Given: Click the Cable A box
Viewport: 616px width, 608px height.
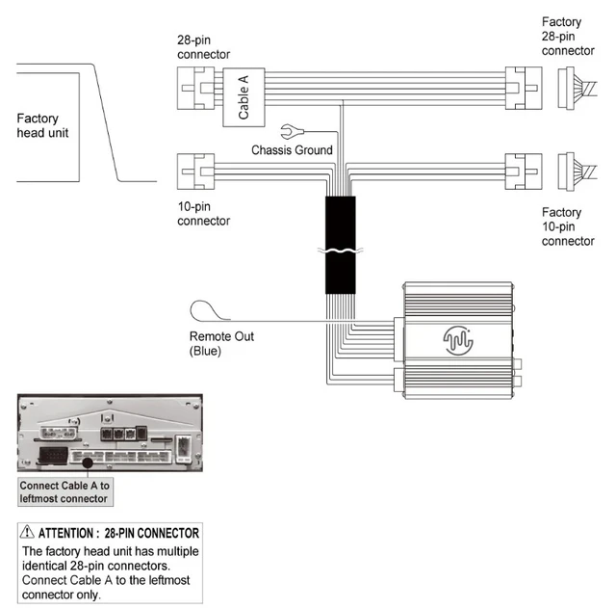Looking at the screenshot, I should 244,97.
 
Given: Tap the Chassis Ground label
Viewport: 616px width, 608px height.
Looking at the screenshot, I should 293,150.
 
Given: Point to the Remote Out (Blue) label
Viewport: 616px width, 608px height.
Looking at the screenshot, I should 222,344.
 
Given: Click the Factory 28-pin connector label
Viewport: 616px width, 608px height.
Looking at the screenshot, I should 568,36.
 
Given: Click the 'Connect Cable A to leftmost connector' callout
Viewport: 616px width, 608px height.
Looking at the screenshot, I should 65,492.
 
